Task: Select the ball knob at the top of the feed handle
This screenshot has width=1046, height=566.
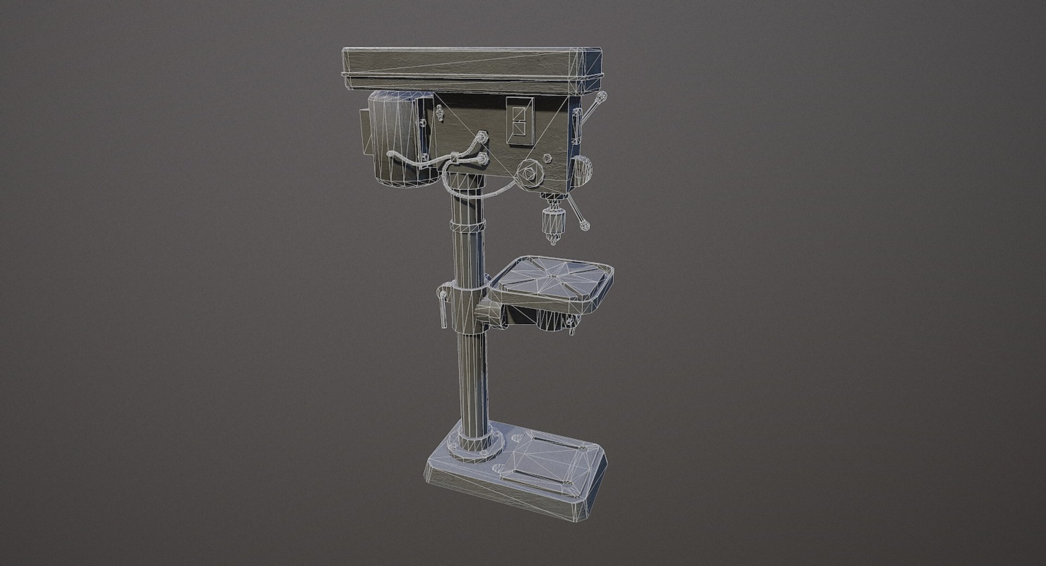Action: coord(601,98)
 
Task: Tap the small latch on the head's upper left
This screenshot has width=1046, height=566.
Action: coord(440,114)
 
